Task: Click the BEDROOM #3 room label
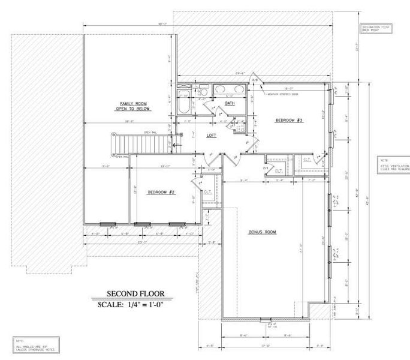click(289, 121)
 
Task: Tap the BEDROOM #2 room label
click(160, 192)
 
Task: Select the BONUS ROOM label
click(263, 232)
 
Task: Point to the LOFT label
click(212, 136)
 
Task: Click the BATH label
click(230, 104)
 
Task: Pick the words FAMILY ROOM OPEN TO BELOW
click(134, 106)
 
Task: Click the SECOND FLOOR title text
click(135, 294)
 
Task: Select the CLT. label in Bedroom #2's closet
click(207, 192)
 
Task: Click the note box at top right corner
click(375, 28)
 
